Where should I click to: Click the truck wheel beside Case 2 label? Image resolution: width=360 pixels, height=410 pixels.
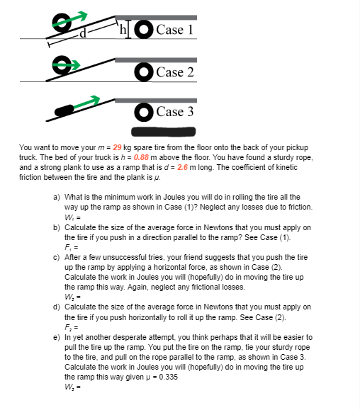point(145,72)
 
